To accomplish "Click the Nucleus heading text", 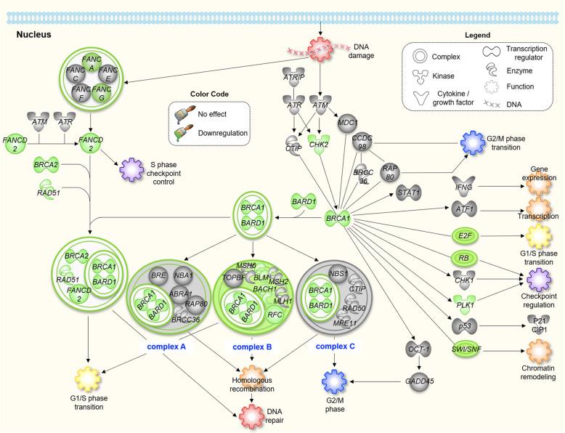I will pos(30,34).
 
